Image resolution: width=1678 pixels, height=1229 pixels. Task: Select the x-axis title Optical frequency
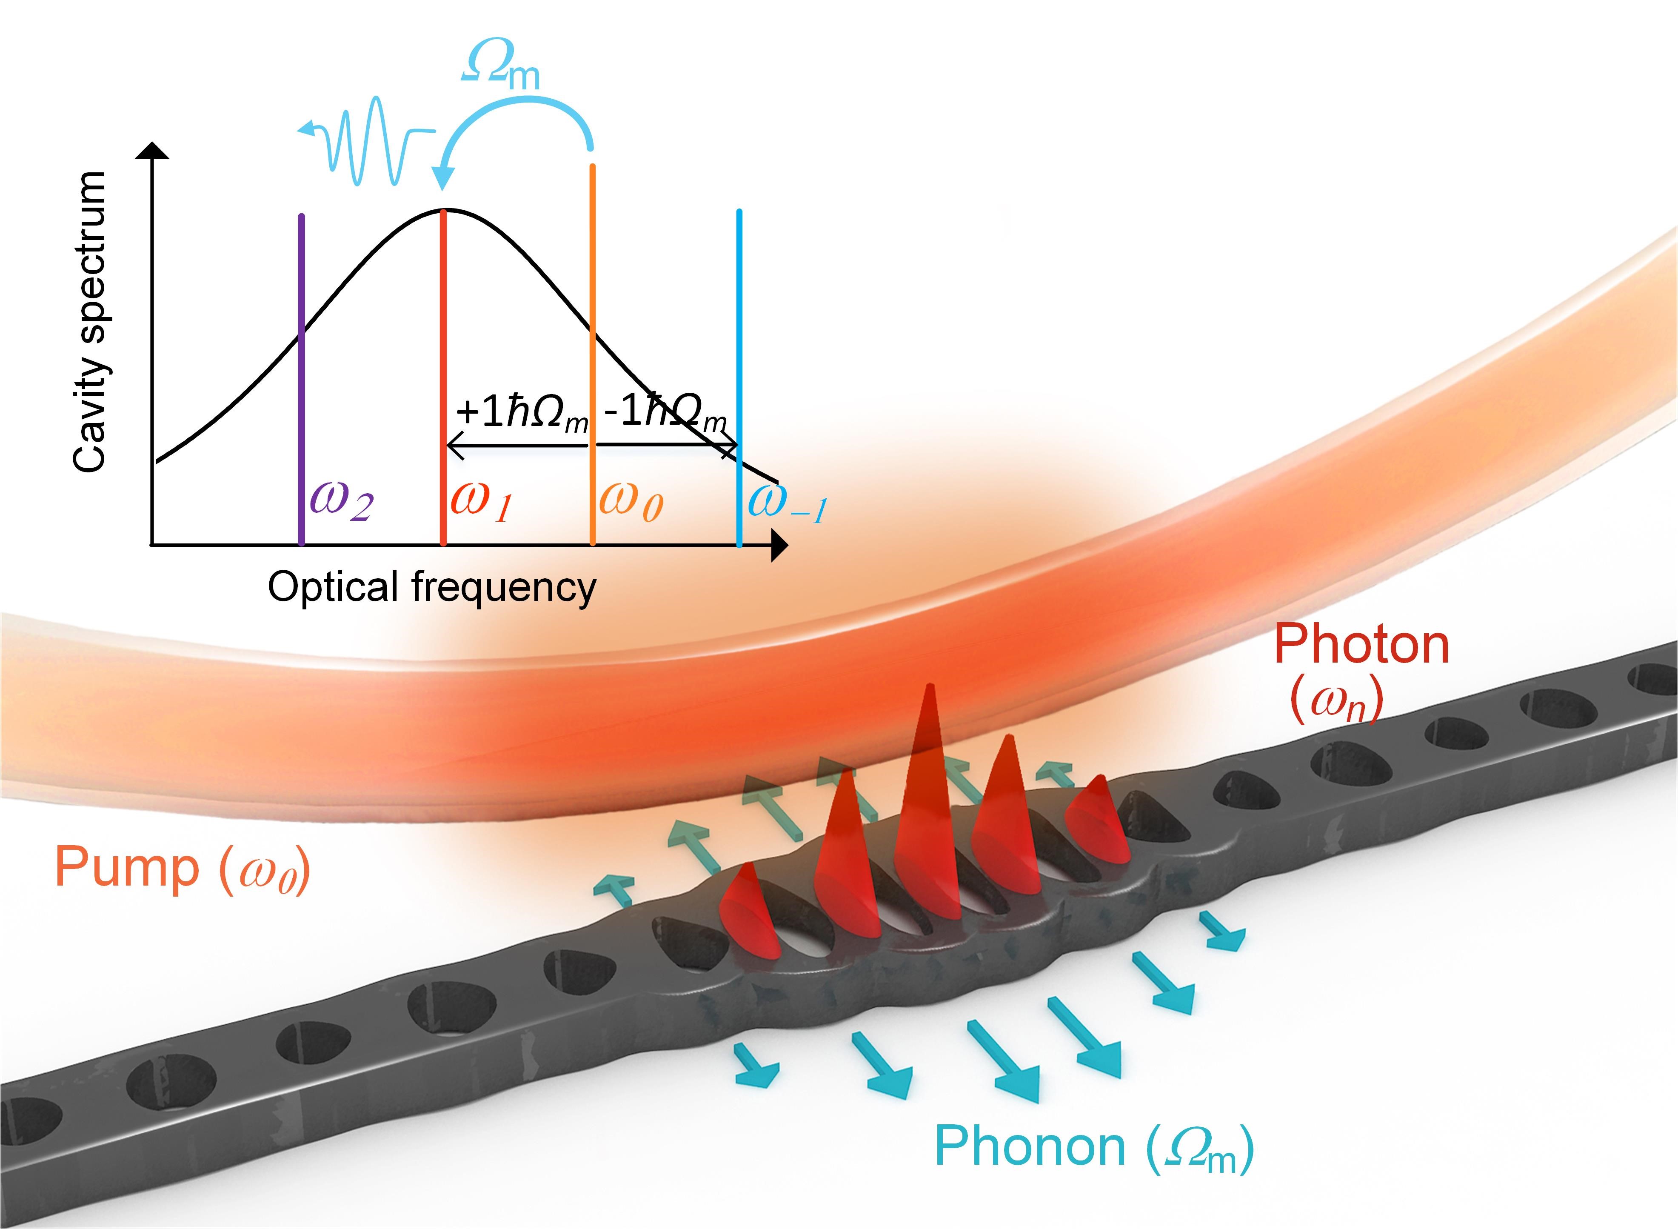[431, 588]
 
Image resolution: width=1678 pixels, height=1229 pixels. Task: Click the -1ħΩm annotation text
[664, 412]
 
